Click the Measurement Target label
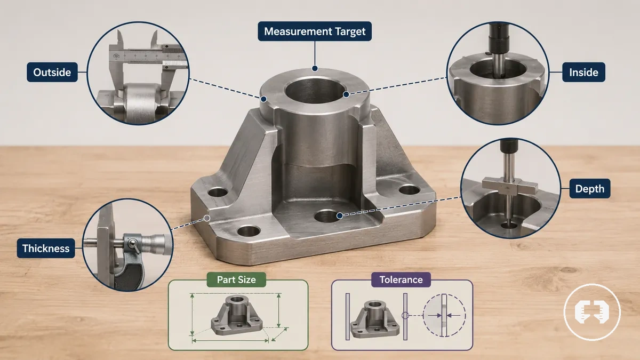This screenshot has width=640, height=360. click(315, 31)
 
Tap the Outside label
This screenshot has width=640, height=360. click(52, 73)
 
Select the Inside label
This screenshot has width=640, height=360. click(583, 73)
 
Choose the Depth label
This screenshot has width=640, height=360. click(590, 189)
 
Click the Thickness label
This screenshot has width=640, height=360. click(46, 249)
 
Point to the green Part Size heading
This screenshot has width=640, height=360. click(236, 279)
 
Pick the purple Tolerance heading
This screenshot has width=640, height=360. click(401, 279)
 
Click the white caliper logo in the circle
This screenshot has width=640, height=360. click(592, 313)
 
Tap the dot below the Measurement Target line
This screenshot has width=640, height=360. click(315, 68)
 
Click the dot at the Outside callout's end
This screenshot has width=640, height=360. click(263, 99)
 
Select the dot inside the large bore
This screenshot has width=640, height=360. click(346, 94)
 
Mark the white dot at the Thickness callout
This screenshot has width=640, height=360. click(207, 218)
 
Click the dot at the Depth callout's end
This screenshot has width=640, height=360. click(340, 215)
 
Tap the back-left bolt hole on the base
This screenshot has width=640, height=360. click(218, 192)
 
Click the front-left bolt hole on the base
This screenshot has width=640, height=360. click(249, 231)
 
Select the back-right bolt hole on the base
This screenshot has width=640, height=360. click(410, 190)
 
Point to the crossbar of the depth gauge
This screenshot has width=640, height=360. click(510, 186)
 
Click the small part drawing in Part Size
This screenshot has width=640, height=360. click(237, 315)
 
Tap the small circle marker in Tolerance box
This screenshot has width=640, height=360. click(405, 316)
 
